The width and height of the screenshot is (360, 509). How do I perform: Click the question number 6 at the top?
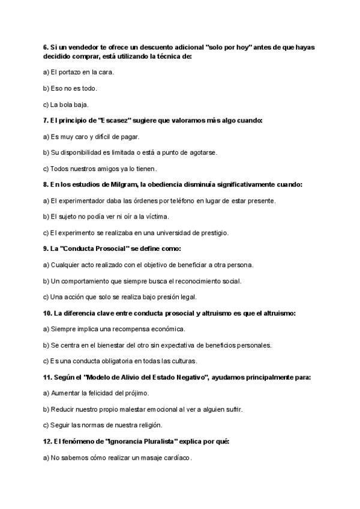point(46,47)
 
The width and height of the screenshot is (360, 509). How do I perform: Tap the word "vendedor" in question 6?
point(75,47)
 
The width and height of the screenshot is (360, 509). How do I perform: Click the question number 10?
point(48,313)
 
